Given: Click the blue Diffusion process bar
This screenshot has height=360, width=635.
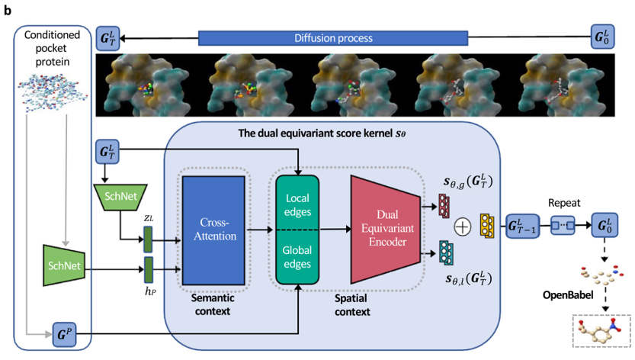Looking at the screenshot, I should click(332, 38).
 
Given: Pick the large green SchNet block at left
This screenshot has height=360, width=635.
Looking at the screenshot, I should click(64, 265).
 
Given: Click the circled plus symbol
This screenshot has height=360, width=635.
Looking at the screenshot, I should click(462, 226).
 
